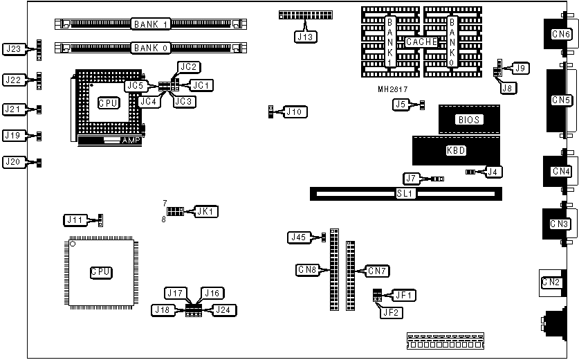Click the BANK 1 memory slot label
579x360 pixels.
click(151, 24)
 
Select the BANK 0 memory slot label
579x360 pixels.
click(151, 48)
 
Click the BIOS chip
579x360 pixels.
click(468, 119)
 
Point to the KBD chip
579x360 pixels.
click(457, 150)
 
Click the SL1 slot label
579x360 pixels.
click(405, 194)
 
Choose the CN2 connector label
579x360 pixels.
click(551, 281)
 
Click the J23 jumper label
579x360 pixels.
click(15, 49)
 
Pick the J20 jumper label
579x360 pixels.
click(15, 162)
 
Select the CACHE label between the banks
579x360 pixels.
click(421, 42)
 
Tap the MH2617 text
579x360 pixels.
click(393, 89)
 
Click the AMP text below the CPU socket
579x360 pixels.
click(131, 141)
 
